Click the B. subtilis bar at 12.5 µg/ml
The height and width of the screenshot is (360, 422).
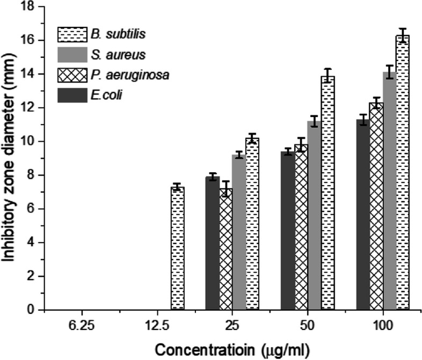(x=177, y=248)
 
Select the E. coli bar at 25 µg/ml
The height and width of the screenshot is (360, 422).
(x=213, y=244)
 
